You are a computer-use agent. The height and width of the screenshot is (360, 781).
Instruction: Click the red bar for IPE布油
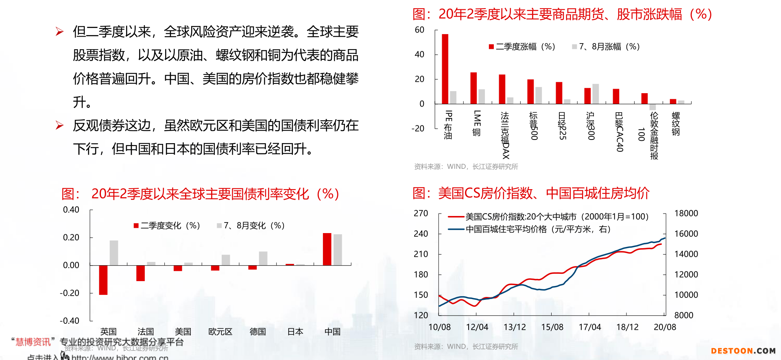point(445,69)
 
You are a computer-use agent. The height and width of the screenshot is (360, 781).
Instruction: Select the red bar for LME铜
point(473,88)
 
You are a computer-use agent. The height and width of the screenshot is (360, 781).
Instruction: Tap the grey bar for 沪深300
point(596,94)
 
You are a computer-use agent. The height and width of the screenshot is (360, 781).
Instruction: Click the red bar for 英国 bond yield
point(103,280)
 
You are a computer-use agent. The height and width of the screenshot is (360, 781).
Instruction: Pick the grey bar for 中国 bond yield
point(338,250)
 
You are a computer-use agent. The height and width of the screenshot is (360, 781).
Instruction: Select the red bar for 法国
point(140,273)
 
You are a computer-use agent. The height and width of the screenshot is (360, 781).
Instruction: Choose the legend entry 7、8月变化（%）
point(251,226)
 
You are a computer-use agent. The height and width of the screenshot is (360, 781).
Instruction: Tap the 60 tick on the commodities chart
point(419,30)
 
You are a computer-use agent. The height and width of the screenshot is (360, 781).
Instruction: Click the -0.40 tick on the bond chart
point(70,321)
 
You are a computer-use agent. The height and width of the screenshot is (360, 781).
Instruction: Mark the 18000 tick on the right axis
point(686,214)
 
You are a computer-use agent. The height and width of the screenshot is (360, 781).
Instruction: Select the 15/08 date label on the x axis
point(552,327)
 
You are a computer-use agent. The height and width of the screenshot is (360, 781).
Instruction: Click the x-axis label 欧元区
point(220,332)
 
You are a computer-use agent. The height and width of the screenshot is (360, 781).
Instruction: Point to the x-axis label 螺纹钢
point(676,124)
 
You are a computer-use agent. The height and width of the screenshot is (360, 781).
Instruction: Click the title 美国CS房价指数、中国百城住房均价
point(531,193)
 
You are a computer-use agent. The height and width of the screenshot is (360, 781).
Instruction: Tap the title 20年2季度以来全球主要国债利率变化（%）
point(201,194)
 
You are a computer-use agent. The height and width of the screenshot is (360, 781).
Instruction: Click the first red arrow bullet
point(59,32)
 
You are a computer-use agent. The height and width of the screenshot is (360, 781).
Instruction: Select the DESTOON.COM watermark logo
point(743,351)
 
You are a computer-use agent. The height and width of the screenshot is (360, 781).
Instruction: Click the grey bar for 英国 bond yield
point(114,253)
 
